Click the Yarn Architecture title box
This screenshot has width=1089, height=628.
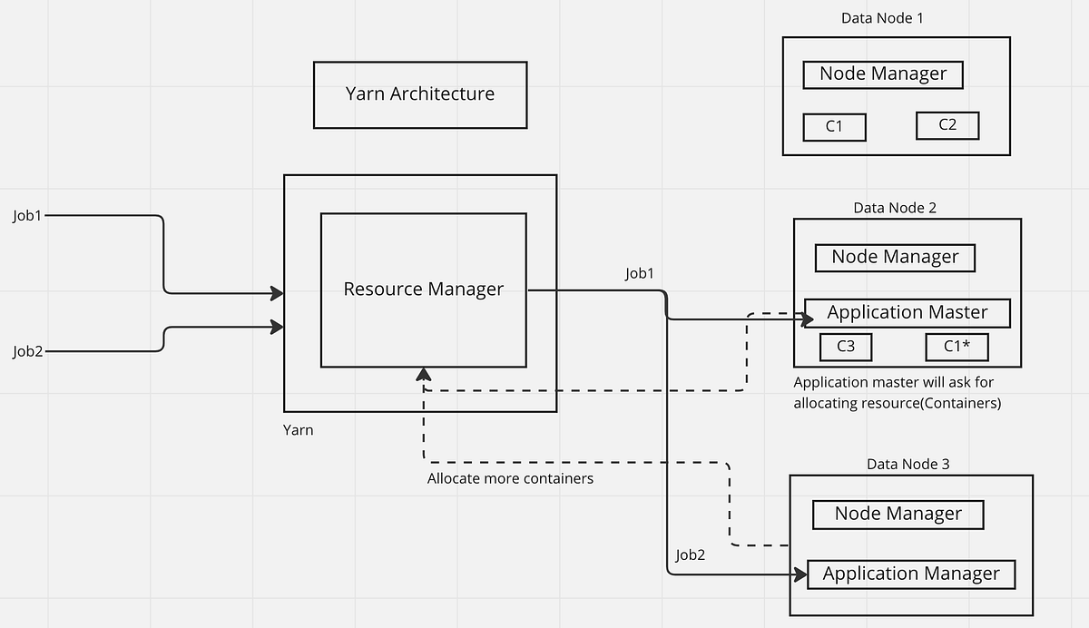419,94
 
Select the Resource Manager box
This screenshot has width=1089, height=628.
423,289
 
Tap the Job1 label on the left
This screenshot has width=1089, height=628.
27,216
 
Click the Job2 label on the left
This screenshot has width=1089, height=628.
27,350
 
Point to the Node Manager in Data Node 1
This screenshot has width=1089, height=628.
882,74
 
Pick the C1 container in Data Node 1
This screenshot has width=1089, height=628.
834,127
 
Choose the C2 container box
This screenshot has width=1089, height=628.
947,125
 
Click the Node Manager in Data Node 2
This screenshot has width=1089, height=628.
894,258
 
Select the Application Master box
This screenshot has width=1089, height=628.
907,313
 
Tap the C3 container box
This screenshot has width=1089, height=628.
845,347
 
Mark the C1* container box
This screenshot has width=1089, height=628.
956,347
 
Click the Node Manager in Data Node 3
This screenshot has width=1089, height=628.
898,515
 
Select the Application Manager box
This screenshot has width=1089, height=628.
910,574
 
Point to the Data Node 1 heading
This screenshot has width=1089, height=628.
882,18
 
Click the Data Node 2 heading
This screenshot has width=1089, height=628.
895,208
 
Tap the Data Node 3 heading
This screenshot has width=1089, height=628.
907,465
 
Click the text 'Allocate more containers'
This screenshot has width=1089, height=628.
510,478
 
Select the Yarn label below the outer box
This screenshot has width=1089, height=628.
298,430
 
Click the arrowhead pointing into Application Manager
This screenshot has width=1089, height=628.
800,574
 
